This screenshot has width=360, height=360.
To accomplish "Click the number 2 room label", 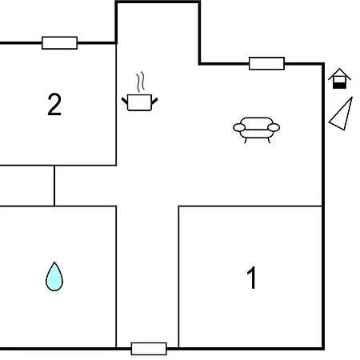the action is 54,104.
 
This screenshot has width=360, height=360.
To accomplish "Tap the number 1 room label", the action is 251,278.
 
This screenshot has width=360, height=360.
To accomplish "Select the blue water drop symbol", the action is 54,277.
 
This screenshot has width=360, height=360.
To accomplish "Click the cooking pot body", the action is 139,102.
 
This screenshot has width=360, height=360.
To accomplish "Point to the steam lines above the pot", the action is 141,82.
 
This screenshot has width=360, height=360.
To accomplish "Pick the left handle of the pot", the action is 125,101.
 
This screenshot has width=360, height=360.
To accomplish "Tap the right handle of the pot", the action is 154,101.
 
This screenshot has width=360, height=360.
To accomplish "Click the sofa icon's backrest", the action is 257,122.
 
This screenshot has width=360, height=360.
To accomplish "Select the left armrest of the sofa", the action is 239,128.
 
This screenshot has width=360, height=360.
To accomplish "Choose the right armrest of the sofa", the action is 274,128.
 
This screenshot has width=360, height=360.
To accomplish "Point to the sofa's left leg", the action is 246,141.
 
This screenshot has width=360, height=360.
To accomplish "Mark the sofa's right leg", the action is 269,141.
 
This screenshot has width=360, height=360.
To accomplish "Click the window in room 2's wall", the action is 60,43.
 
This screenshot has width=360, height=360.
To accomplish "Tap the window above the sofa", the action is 266,63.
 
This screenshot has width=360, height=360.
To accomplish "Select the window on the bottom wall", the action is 149,349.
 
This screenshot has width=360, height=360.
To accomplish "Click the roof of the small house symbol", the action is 339,74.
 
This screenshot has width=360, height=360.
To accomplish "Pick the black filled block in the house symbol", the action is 339,86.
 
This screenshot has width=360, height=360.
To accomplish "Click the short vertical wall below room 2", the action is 54,186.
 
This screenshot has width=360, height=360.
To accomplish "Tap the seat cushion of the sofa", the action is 256,134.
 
